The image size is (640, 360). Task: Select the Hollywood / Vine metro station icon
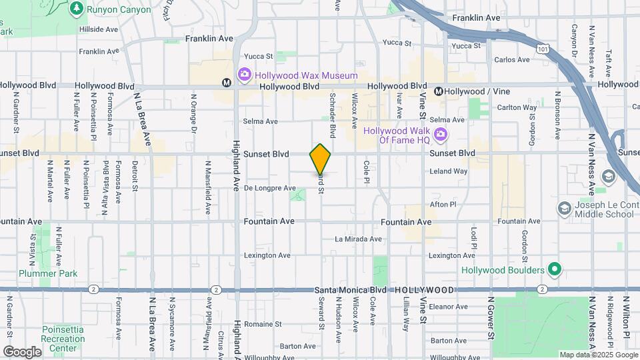click(x=439, y=91)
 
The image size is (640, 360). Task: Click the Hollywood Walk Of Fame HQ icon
click(x=439, y=136)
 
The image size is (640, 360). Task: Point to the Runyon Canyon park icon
click(x=77, y=8)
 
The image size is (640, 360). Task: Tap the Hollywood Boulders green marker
click(x=554, y=270)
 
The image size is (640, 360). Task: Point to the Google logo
click(x=22, y=351)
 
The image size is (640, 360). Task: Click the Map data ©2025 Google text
click(x=598, y=355)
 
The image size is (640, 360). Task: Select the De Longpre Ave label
click(x=269, y=188)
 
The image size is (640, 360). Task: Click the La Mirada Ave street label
click(x=358, y=239)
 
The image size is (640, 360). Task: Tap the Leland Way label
click(x=448, y=171)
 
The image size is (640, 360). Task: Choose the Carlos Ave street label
click(x=512, y=59)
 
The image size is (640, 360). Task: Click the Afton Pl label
click(x=443, y=205)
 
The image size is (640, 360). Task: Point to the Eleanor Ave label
click(x=451, y=307)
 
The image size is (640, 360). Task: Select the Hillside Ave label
click(x=99, y=29)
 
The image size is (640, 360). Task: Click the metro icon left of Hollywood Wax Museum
click(x=227, y=83)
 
